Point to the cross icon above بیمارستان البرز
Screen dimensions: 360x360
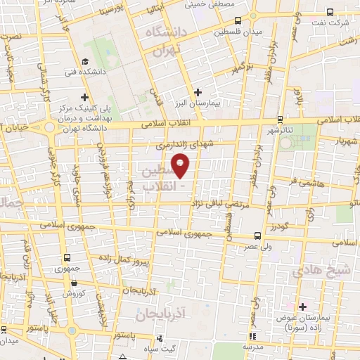(198, 91)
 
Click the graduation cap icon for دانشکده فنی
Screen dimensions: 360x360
(84, 61)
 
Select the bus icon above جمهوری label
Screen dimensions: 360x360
(67, 257)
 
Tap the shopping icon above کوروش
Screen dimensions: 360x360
(74, 283)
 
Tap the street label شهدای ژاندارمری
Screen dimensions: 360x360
(184, 143)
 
